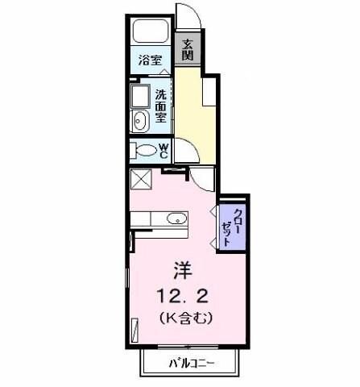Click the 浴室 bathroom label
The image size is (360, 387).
pos(149,60)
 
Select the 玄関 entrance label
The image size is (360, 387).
pos(187,49)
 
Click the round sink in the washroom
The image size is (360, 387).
pos(142,121)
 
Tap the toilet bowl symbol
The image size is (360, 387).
pos(145,151)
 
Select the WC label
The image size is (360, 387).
pos(163,150)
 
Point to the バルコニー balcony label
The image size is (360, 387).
pos(191,363)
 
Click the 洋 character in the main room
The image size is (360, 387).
pos(180,270)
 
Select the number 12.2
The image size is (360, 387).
pos(180,293)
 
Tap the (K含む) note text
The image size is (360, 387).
pos(180,318)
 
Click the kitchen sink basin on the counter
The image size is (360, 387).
pos(175,217)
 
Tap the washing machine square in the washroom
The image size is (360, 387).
pos(143,99)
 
